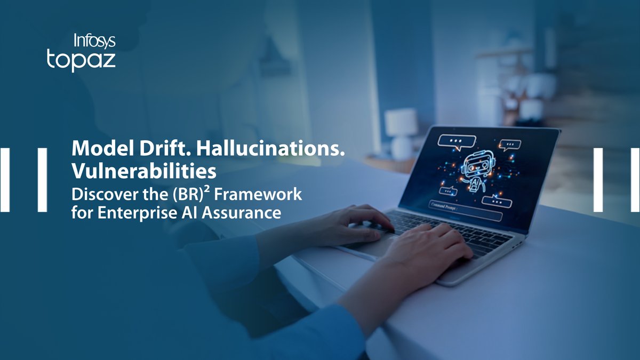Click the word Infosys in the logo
tap(94, 41)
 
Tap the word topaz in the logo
tap(81, 60)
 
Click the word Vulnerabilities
tap(144, 171)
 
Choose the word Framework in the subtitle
tap(258, 195)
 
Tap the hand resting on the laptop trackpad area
tap(429, 249)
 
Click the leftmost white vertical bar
tap(5, 180)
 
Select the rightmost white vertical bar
tap(635, 180)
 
